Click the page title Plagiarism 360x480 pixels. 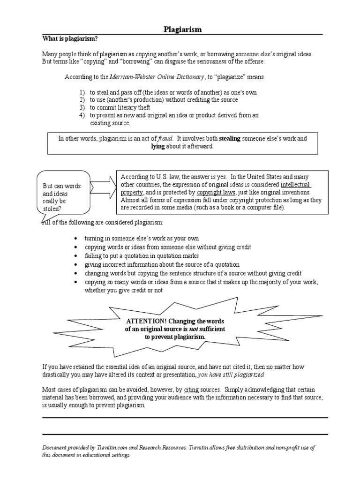[183, 30]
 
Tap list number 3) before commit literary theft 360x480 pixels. [81, 107]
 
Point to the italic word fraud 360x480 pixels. [165, 139]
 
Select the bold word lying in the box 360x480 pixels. [158, 146]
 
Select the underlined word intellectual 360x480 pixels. [296, 185]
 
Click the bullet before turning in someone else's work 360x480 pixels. [76, 239]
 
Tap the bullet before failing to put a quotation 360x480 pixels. [76, 256]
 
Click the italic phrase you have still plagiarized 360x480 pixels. [231, 375]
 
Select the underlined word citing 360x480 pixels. [192, 389]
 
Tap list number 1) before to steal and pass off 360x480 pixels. [81, 92]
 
